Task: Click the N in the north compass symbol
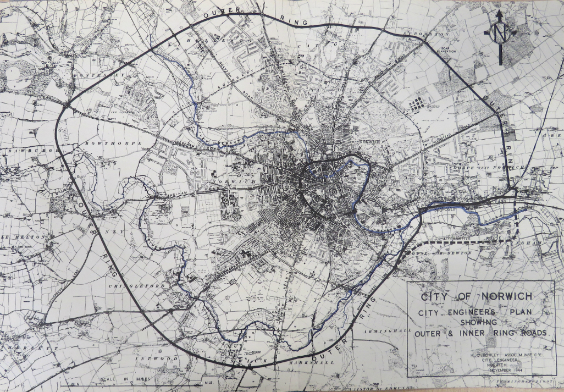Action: tap(500, 34)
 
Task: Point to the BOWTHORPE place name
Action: tap(114, 143)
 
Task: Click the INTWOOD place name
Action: tap(160, 358)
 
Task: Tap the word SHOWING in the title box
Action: tap(479, 323)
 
